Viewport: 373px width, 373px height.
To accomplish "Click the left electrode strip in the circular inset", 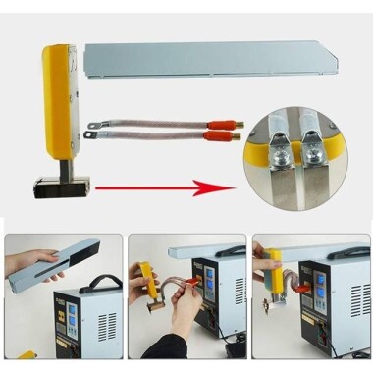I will pyautogui.click(x=280, y=192).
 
